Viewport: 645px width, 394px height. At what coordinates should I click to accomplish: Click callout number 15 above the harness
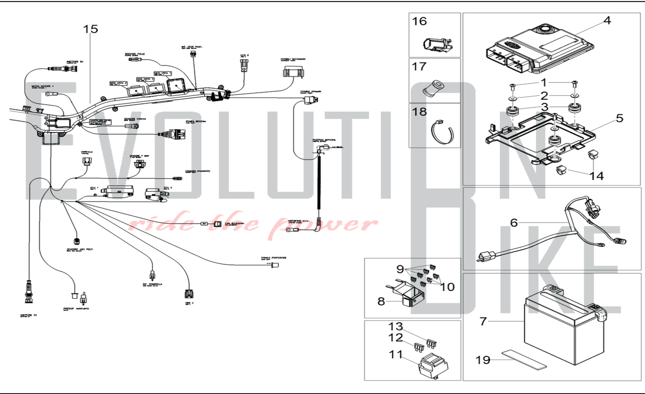pyautogui.click(x=90, y=29)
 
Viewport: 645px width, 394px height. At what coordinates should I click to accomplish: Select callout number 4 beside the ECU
pyautogui.click(x=607, y=21)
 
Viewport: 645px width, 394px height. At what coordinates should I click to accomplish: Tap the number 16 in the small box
pyautogui.click(x=419, y=22)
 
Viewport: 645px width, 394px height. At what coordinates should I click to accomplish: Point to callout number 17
pyautogui.click(x=419, y=67)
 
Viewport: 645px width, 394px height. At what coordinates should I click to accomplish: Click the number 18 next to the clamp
pyautogui.click(x=419, y=112)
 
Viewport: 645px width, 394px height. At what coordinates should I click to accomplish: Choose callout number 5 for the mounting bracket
pyautogui.click(x=620, y=118)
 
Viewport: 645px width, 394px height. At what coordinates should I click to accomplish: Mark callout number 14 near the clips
pyautogui.click(x=597, y=176)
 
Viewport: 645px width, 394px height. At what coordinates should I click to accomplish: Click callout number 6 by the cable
pyautogui.click(x=514, y=223)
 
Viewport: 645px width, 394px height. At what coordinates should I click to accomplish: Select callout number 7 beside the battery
pyautogui.click(x=483, y=321)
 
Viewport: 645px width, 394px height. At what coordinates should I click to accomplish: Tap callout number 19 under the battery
pyautogui.click(x=483, y=360)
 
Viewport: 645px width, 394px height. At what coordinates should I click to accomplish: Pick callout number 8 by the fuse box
pyautogui.click(x=381, y=301)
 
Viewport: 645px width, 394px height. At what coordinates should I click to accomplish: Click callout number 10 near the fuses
pyautogui.click(x=447, y=287)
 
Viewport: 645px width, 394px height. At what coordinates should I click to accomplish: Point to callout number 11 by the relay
pyautogui.click(x=396, y=355)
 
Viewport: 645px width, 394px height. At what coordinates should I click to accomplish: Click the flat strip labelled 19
pyautogui.click(x=524, y=359)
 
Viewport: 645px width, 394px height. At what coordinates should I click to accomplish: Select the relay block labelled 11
pyautogui.click(x=433, y=367)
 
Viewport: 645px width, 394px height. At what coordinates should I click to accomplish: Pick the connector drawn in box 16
pyautogui.click(x=437, y=45)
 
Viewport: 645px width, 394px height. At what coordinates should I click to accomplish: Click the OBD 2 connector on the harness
pyautogui.click(x=189, y=294)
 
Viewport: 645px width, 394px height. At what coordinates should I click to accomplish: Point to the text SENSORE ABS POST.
pyautogui.click(x=80, y=249)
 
